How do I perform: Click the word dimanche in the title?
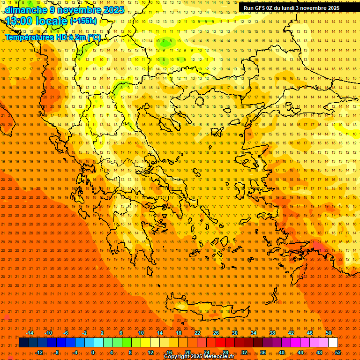[23, 10]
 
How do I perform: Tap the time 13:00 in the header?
[19, 21]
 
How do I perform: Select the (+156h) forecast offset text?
[83, 21]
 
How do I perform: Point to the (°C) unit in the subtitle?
[93, 37]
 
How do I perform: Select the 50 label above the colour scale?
[328, 333]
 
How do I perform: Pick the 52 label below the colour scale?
[338, 352]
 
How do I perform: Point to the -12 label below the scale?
[39, 352]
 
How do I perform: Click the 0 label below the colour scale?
[93, 352]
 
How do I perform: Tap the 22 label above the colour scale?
[197, 333]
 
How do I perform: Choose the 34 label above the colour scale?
[254, 333]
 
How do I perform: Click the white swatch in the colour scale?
[333, 343]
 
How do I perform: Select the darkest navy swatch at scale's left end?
[23, 343]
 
